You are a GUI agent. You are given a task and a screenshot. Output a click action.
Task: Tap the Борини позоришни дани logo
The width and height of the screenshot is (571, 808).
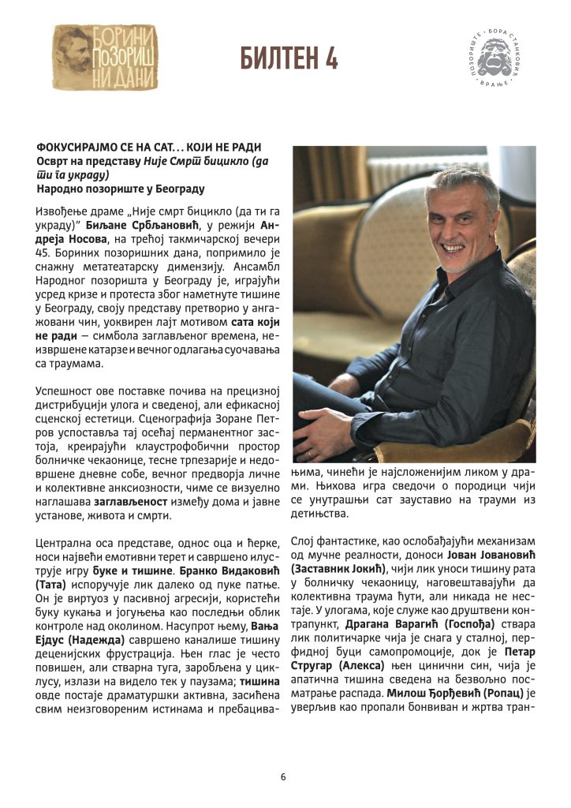(105, 57)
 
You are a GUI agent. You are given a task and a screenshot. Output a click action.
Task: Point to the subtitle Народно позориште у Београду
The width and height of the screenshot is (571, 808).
(121, 189)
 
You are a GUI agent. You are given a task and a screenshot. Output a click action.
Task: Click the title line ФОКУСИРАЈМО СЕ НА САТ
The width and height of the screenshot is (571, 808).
(148, 148)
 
